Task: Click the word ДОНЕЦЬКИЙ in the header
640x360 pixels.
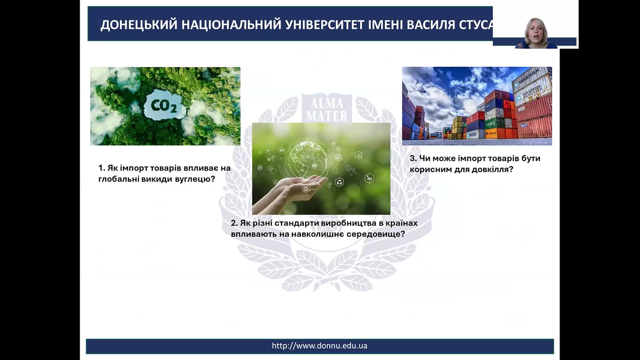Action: click(139, 25)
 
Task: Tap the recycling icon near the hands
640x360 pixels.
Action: click(339, 182)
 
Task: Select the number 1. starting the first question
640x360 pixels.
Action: click(102, 168)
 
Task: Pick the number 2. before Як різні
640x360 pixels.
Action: click(234, 223)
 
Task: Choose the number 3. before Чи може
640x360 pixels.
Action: click(413, 158)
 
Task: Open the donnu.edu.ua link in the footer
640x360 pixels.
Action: click(320, 346)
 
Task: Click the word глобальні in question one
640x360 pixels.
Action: click(118, 179)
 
